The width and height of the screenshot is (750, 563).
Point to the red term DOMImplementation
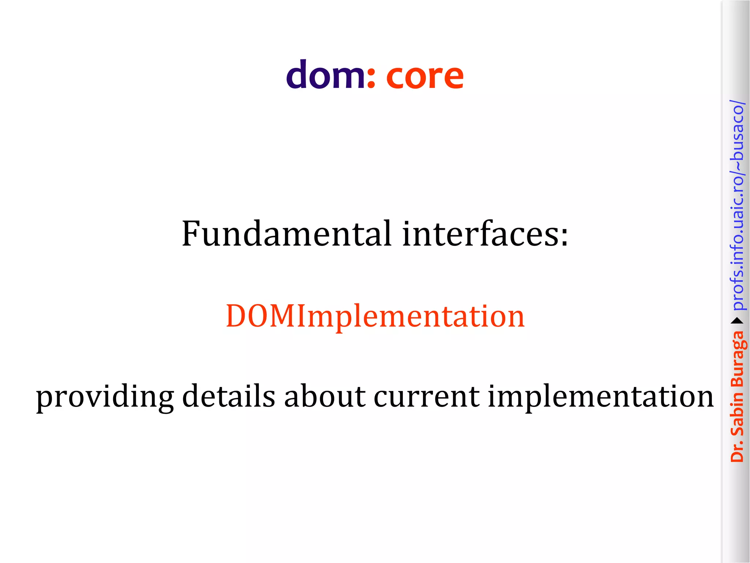click(x=375, y=317)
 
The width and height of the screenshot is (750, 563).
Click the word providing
click(x=105, y=397)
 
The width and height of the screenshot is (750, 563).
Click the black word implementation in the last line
click(x=601, y=397)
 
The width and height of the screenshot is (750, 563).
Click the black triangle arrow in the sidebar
click(x=737, y=321)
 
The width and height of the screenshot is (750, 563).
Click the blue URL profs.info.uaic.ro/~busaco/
click(x=737, y=205)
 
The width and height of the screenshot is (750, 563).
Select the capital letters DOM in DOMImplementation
click(x=261, y=316)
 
